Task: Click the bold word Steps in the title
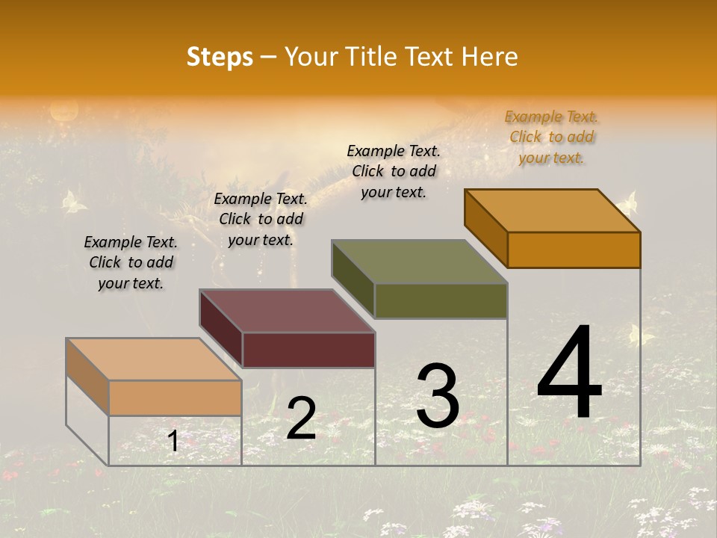click(220, 57)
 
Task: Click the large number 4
click(569, 374)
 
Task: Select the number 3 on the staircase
click(438, 396)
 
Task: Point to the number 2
click(301, 418)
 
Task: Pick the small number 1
click(173, 442)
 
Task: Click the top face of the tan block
click(154, 359)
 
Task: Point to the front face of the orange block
click(574, 250)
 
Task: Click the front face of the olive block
click(441, 301)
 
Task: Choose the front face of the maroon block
click(308, 350)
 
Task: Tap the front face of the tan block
click(175, 398)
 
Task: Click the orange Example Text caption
click(551, 137)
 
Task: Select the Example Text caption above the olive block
click(394, 171)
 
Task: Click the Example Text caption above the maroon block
click(261, 219)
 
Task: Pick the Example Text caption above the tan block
click(131, 262)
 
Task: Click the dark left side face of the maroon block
click(221, 327)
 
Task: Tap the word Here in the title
click(489, 57)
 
